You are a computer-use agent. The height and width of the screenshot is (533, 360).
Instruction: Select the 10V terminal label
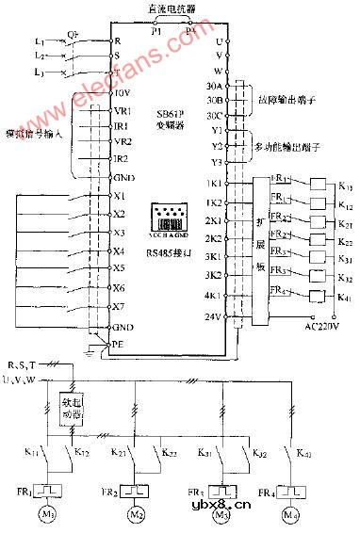pyautogui.click(x=122, y=92)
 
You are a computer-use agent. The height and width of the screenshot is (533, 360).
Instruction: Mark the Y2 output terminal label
pyautogui.click(x=217, y=146)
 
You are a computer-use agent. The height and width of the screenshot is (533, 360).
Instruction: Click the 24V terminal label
pyautogui.click(x=214, y=316)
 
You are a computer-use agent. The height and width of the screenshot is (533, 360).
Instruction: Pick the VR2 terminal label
pyautogui.click(x=122, y=142)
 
